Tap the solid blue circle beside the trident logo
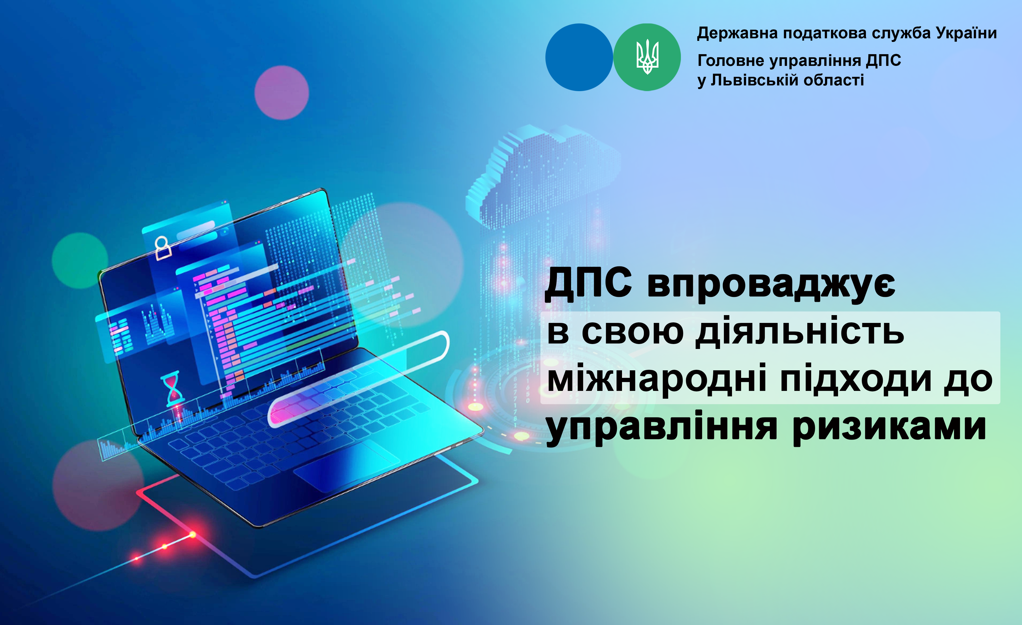(579, 57)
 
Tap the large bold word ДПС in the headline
(589, 284)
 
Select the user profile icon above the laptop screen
(163, 248)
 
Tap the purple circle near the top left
(282, 93)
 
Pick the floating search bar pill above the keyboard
(359, 379)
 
